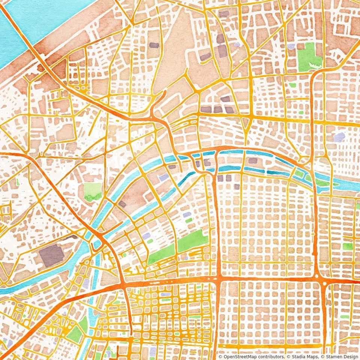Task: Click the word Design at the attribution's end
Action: point(350,357)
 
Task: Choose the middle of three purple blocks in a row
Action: point(218,109)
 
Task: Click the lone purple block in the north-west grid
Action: point(154,45)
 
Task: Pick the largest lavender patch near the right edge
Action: point(339,137)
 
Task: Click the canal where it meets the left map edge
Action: point(3,291)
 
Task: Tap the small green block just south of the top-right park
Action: point(292,85)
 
